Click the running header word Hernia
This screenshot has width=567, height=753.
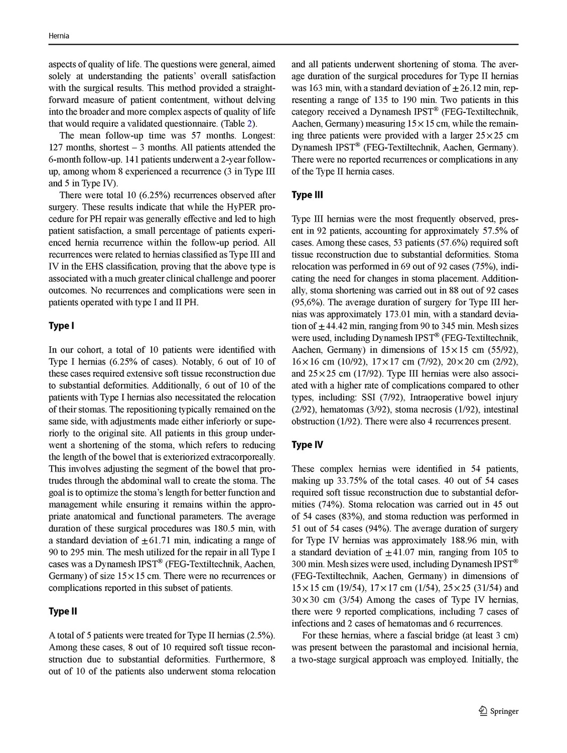click(x=59, y=36)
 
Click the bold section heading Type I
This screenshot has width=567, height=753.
click(x=61, y=326)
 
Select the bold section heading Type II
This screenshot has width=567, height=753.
click(x=63, y=611)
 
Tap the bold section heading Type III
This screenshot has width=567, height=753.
click(x=307, y=195)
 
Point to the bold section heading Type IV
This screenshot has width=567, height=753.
click(x=307, y=445)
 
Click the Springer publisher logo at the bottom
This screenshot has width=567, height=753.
click(x=498, y=711)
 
